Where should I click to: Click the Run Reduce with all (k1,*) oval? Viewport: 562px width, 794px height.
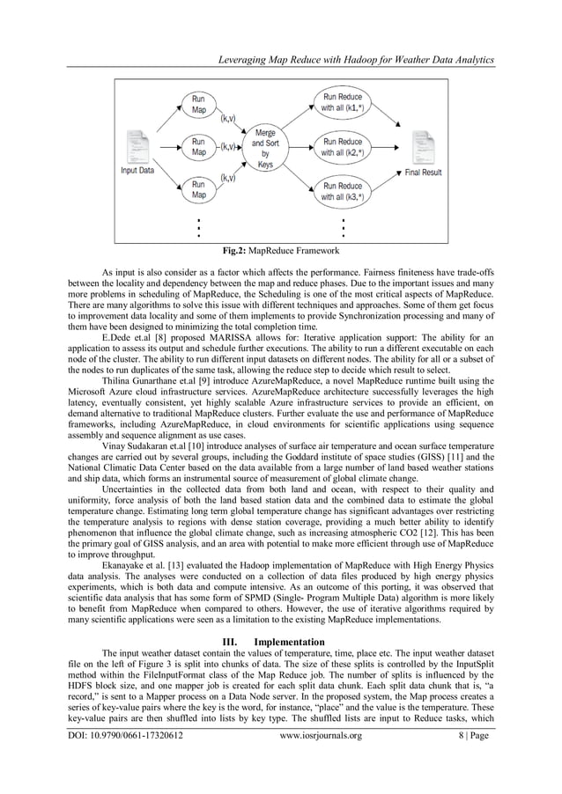point(342,102)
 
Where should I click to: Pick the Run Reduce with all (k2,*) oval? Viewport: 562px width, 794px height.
point(342,147)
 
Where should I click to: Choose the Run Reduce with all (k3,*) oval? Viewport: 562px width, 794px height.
point(342,192)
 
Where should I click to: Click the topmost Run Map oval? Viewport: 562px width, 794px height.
point(200,105)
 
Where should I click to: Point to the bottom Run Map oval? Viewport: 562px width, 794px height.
point(200,187)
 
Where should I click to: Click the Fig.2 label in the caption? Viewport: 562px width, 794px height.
point(233,249)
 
